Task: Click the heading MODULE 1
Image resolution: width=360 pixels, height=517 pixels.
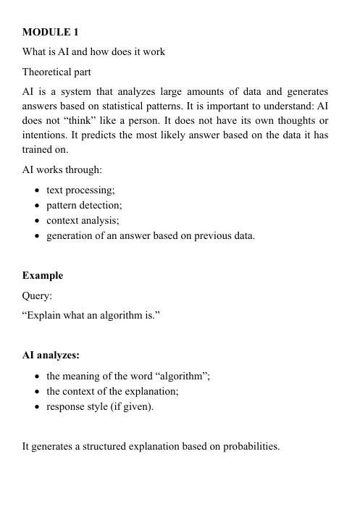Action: (51, 32)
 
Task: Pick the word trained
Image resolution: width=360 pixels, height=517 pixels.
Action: (38, 149)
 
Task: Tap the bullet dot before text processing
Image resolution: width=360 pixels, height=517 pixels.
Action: (37, 190)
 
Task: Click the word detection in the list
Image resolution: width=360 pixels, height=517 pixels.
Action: (101, 205)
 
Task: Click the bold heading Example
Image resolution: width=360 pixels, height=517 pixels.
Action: (43, 276)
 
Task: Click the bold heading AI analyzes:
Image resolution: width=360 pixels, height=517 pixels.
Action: (51, 356)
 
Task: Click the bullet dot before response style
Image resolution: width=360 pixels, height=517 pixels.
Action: (37, 406)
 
